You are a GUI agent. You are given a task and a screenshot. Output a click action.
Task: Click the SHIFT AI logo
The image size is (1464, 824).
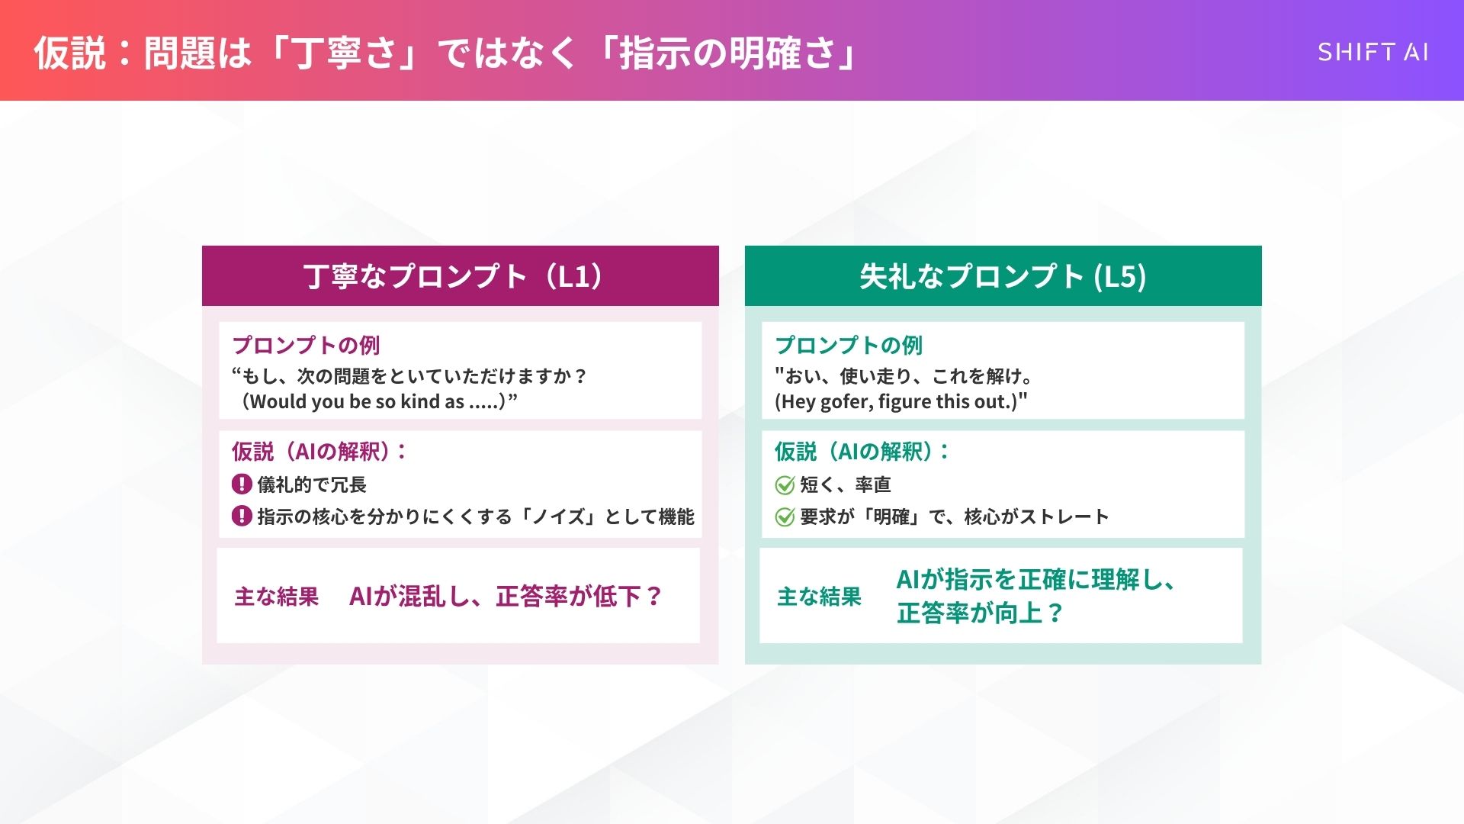pos(1372,52)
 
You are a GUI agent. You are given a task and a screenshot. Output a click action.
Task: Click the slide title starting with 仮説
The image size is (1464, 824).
pos(446,53)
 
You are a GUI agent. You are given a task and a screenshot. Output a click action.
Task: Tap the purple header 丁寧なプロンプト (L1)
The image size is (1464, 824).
pos(460,276)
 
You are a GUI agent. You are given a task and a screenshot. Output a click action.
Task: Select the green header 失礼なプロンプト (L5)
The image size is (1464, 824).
pos(1003,276)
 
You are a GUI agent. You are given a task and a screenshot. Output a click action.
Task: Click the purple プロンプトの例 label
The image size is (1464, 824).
pos(306,346)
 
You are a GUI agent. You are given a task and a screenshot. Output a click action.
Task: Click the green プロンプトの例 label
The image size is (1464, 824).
pos(849,346)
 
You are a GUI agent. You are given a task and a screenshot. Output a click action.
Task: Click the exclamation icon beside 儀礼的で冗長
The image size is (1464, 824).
pos(242,484)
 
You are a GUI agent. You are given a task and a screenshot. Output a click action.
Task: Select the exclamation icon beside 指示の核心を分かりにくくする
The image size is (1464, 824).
pos(242,516)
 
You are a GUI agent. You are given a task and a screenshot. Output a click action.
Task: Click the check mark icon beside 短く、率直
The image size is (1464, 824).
pos(785,484)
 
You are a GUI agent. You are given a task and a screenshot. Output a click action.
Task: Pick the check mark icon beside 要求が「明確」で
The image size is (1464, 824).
pos(785,517)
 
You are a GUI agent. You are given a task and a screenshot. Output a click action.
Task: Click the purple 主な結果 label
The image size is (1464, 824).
pos(276,597)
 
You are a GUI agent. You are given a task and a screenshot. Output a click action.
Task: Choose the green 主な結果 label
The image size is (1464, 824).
pos(819,597)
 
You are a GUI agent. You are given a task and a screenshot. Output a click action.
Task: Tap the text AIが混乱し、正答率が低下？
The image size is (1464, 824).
pos(506,596)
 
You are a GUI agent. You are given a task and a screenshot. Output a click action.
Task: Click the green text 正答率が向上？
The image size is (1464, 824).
pos(980,613)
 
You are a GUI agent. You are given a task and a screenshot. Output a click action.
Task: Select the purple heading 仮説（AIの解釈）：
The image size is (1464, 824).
pos(319,452)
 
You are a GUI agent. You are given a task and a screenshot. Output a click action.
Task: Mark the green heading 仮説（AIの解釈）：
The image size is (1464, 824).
pos(862,452)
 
